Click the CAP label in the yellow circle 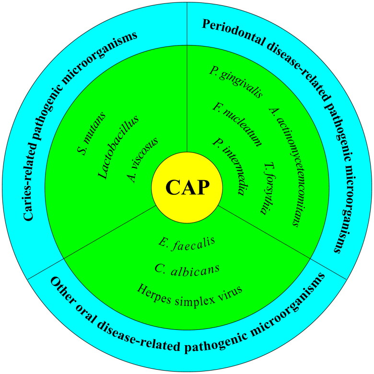pyautogui.click(x=187, y=187)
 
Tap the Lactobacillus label pyautogui.click(x=118, y=147)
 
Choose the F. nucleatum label pyautogui.click(x=236, y=123)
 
